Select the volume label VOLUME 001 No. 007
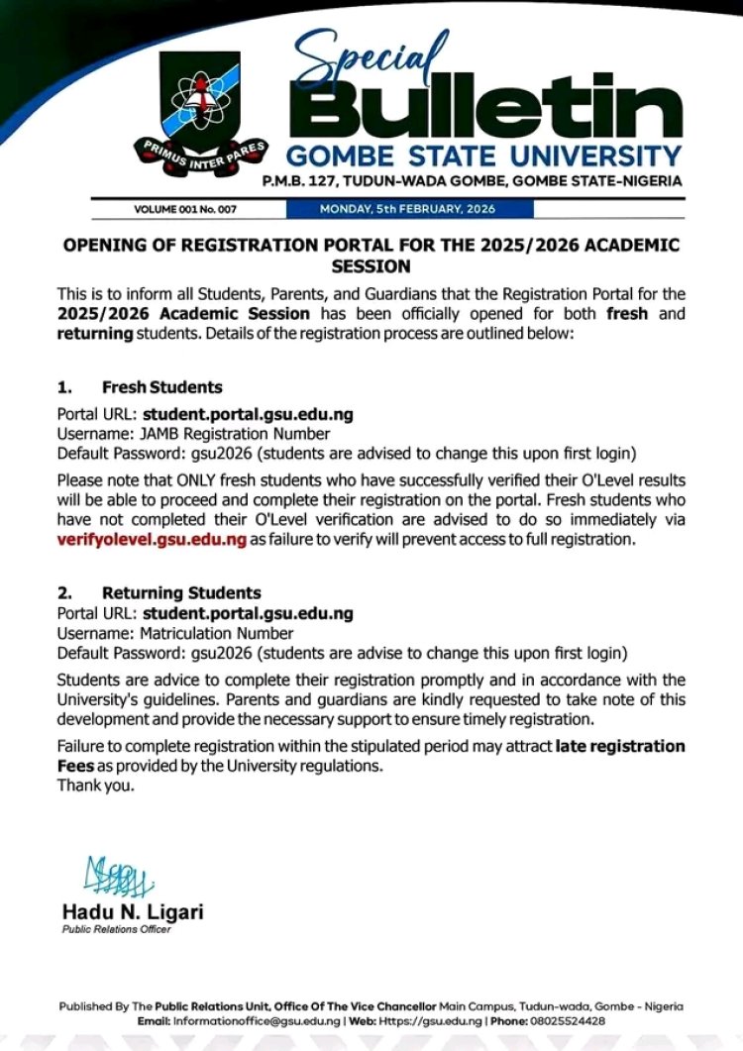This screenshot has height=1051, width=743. point(185,209)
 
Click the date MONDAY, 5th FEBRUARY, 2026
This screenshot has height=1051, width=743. point(408,209)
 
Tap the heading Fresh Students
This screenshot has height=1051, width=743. point(161,387)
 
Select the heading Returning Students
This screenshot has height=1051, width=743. point(181,593)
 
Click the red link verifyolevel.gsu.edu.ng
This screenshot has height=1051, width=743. point(152,540)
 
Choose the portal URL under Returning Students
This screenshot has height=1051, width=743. point(248,614)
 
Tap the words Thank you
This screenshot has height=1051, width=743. point(95,787)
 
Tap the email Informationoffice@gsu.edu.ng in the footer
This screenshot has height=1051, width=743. point(259,1020)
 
